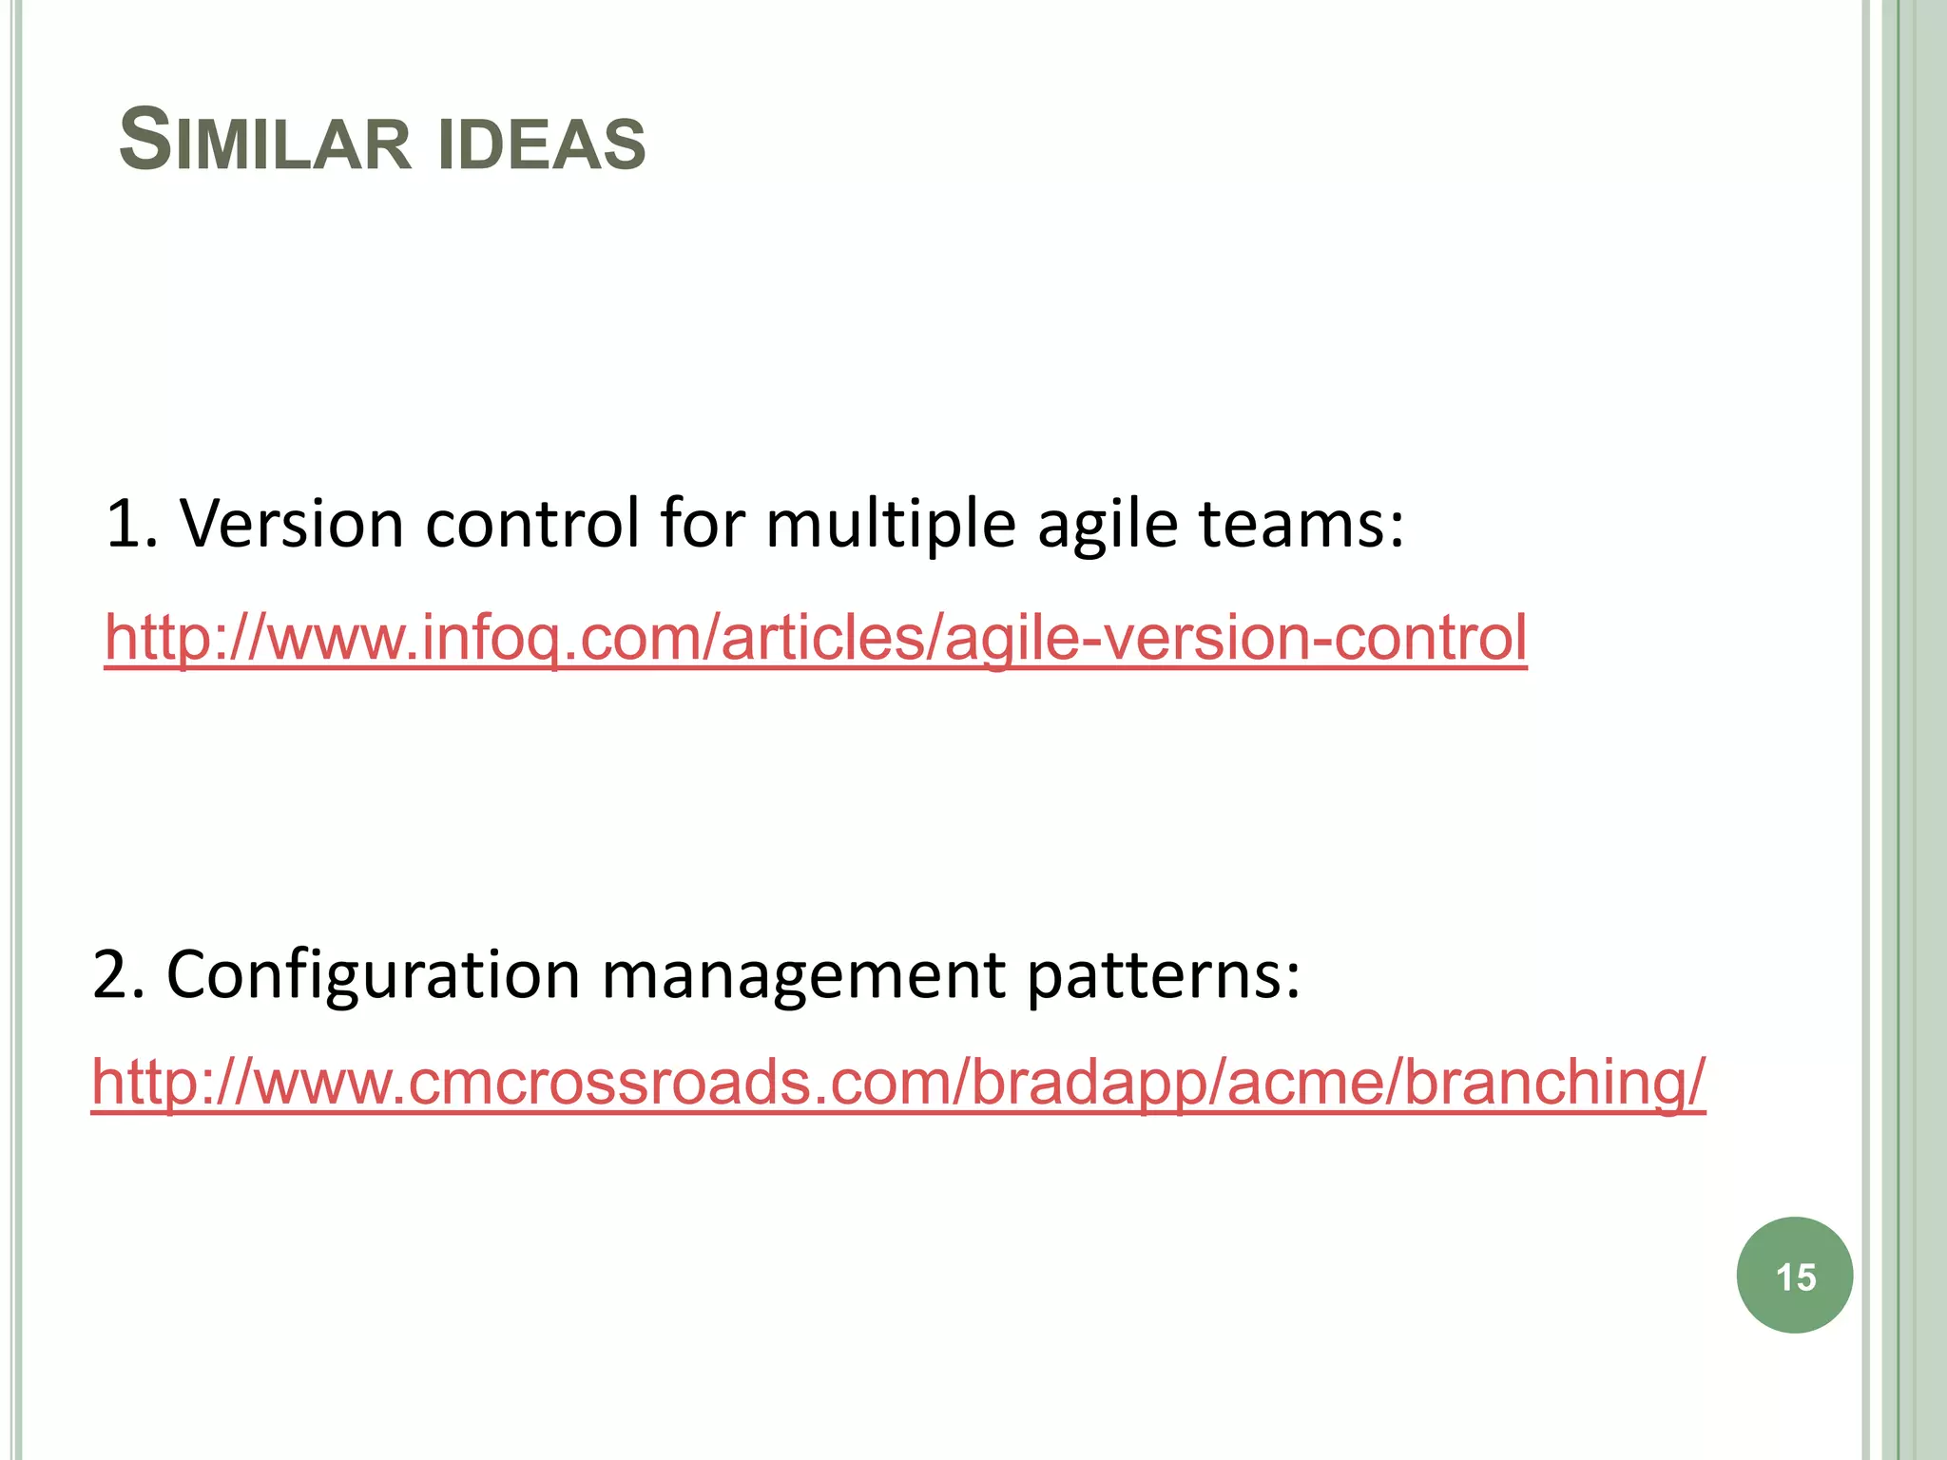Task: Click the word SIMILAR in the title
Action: (264, 143)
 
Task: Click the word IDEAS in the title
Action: (542, 144)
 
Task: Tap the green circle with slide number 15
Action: (1794, 1276)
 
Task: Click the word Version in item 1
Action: (292, 524)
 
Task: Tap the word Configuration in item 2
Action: (372, 975)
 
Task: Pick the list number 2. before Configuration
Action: (119, 975)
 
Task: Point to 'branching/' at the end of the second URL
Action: (1554, 1084)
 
